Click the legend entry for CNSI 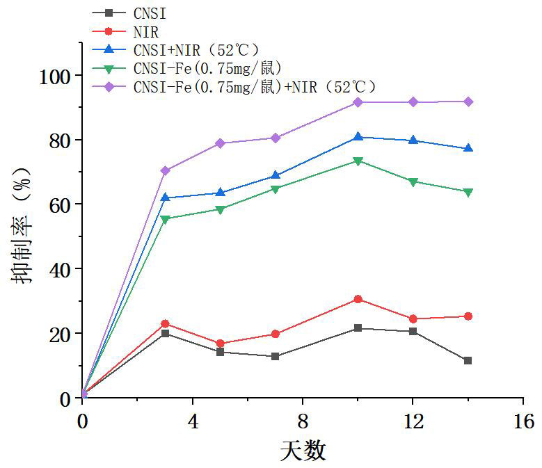(x=149, y=13)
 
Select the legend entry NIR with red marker (x=145, y=31)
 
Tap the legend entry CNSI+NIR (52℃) (x=194, y=50)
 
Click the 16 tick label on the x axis (x=523, y=421)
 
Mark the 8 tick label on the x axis (x=303, y=421)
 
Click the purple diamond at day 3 (x=165, y=170)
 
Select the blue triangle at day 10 (x=358, y=137)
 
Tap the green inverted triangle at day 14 (x=468, y=192)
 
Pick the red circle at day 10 (x=358, y=299)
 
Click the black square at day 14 (x=468, y=360)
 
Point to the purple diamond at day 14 (x=468, y=102)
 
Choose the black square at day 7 (x=276, y=356)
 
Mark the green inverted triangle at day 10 (x=358, y=161)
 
